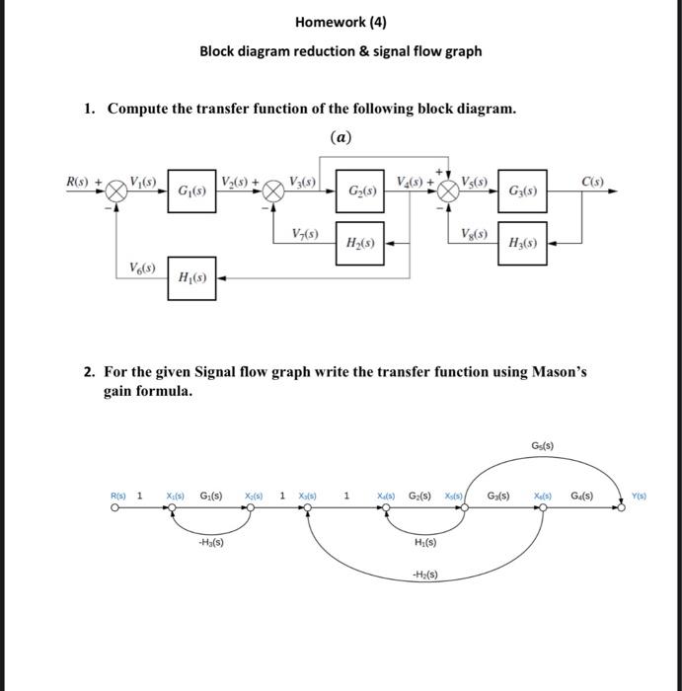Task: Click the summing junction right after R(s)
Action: pos(117,191)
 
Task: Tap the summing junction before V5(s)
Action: pos(448,191)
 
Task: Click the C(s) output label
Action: pos(592,181)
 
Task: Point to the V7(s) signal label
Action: pos(305,233)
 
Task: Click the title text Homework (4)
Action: pos(341,21)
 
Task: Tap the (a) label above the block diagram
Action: pos(341,138)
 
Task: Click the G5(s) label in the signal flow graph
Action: pos(542,446)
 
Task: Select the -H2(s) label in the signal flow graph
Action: pos(424,575)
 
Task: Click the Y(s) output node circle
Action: pos(622,509)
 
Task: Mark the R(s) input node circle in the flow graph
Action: pos(116,509)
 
